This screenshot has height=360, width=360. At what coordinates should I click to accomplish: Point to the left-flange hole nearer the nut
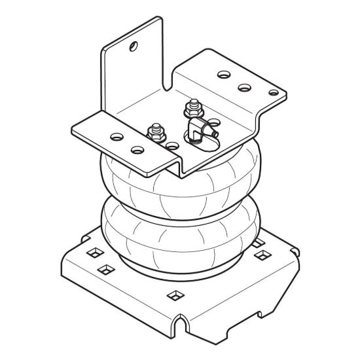(137, 150)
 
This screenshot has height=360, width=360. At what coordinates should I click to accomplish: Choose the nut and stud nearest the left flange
(156, 134)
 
